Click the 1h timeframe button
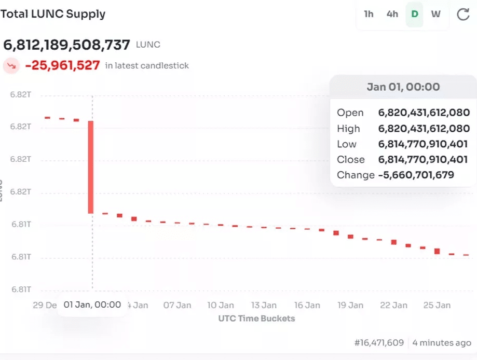[x=369, y=15]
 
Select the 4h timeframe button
[x=392, y=15]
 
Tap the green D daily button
[x=415, y=15]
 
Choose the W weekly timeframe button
[x=436, y=15]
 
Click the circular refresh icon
[x=463, y=15]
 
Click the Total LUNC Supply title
[x=53, y=14]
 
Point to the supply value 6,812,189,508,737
[x=67, y=45]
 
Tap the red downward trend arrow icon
[x=11, y=66]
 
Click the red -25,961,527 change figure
[x=62, y=66]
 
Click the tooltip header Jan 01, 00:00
[x=403, y=87]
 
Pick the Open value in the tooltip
[x=424, y=113]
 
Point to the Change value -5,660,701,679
[x=416, y=175]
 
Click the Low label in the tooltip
[x=347, y=144]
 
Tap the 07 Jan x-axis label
[x=177, y=305]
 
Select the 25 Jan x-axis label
[x=437, y=305]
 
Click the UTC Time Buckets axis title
[x=257, y=319]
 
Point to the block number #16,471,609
[x=379, y=343]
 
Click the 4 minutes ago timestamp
[x=442, y=343]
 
